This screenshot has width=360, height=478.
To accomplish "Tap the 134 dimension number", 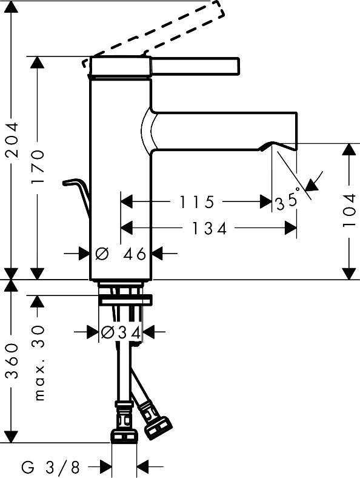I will point(209,228).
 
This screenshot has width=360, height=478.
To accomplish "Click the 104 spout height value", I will point(350,210).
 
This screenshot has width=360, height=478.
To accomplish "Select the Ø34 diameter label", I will point(121,332).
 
